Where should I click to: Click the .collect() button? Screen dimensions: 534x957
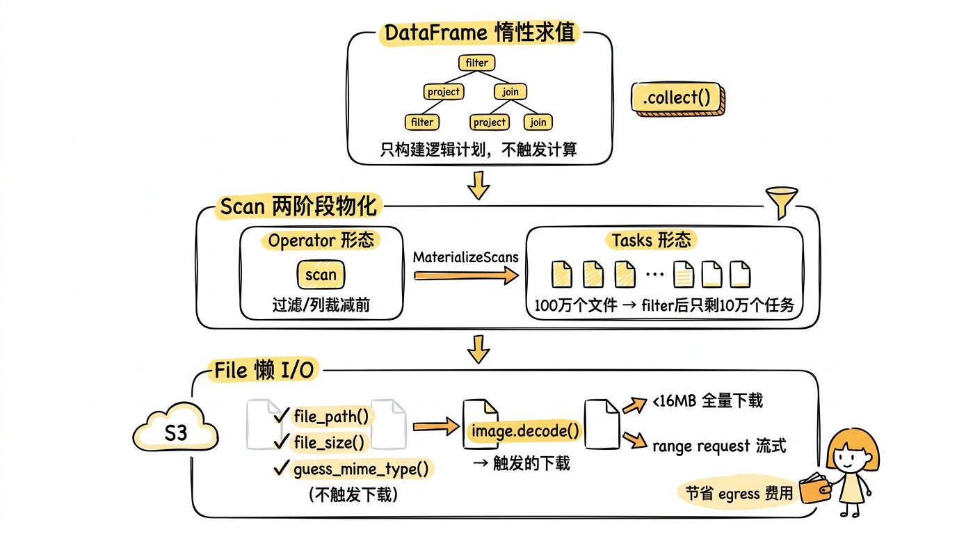click(676, 98)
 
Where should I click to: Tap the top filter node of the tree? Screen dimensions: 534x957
click(476, 63)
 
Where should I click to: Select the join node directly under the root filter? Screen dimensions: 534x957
click(510, 91)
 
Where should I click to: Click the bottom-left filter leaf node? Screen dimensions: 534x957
click(421, 122)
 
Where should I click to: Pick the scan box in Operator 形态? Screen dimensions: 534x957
click(321, 275)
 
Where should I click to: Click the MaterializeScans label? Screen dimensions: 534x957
click(465, 257)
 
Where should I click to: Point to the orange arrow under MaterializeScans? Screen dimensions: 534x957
click(465, 276)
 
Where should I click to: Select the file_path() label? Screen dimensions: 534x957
click(331, 416)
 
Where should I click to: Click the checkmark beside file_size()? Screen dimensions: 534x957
click(282, 442)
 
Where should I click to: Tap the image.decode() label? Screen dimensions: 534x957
click(524, 431)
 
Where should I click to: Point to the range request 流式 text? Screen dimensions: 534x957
click(718, 446)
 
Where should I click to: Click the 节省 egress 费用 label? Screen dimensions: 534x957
click(739, 493)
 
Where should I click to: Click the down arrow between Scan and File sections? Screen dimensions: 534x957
click(477, 348)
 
